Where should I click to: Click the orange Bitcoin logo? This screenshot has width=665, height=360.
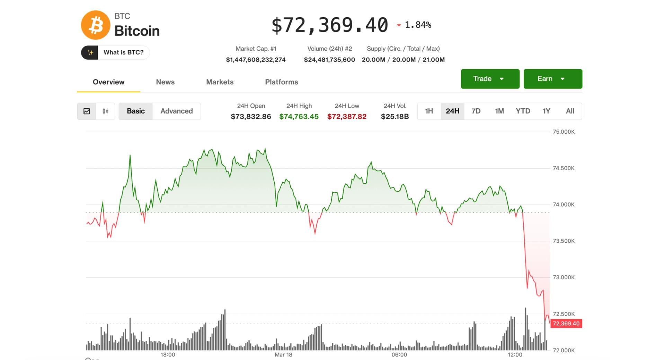pos(96,25)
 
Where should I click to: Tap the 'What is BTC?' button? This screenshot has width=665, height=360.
pos(115,53)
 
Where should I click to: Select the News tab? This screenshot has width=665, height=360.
pos(165,82)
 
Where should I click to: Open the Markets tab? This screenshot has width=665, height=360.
pos(220,82)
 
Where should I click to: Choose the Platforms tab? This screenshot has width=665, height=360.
pos(281,82)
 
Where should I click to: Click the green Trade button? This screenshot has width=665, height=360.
pos(490,79)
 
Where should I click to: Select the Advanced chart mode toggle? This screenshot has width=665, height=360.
pos(176,111)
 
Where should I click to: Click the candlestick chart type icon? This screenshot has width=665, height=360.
pos(106,111)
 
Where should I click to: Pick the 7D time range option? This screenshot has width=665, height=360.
pos(476,111)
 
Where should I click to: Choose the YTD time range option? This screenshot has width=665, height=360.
pos(523,111)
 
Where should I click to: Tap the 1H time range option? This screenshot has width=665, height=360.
pos(429,111)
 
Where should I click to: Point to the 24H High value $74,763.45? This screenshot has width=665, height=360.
pos(299,117)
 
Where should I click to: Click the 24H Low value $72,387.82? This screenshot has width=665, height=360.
pos(347,117)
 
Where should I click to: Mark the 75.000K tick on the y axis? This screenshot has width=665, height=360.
pos(564,132)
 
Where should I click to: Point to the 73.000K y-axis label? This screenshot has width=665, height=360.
pos(564,277)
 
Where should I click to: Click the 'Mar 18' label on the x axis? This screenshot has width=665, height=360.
pos(283,354)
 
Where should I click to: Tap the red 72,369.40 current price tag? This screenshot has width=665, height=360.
pos(566,324)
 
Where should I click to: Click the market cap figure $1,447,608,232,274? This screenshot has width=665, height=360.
pos(256,60)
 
